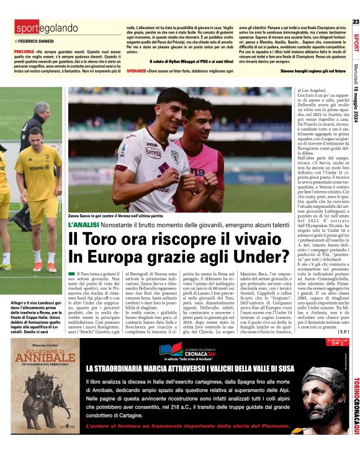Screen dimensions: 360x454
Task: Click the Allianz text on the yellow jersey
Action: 40,167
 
